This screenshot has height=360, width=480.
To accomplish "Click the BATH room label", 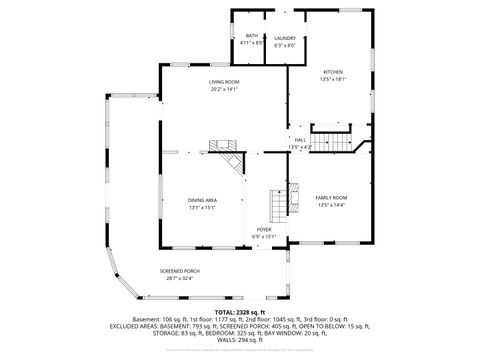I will [251, 36].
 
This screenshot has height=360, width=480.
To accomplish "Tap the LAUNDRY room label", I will [285, 36].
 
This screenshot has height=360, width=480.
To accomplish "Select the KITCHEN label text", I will [332, 71].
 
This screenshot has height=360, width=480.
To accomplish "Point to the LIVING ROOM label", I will [224, 81].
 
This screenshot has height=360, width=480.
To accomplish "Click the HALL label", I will [300, 139].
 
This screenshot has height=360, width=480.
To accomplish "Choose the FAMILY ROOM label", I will [332, 197].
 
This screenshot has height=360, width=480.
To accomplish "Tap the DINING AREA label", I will [203, 200].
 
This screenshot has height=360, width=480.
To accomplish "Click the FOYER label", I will [264, 229].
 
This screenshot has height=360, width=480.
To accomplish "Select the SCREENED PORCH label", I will [180, 271].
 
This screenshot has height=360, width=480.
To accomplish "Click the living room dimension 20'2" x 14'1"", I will [224, 89].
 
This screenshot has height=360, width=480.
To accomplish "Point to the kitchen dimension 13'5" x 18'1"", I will [332, 79].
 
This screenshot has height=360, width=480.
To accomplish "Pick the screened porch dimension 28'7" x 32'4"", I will [180, 279].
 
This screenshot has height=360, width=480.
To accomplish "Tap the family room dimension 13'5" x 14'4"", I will [332, 205].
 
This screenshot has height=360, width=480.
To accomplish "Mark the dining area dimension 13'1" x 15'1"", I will [203, 208].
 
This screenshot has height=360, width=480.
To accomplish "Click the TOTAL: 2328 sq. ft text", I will [240, 312].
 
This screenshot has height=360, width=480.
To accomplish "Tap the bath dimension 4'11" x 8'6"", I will [251, 44].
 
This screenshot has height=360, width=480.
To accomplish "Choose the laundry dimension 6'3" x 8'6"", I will [285, 44].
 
